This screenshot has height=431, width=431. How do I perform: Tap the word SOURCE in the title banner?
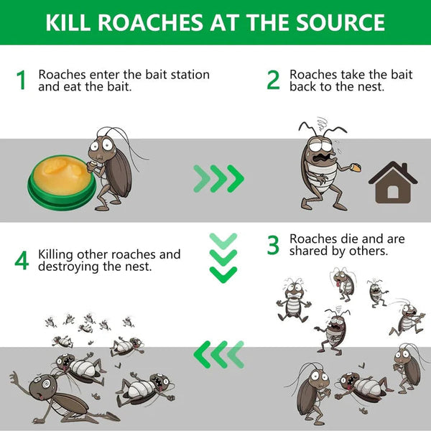click(x=339, y=22)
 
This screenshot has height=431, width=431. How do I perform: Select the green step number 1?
click(x=22, y=80)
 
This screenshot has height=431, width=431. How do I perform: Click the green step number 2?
click(x=273, y=80)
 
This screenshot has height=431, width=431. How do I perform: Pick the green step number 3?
click(x=273, y=245)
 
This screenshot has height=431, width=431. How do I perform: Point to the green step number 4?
click(x=22, y=261)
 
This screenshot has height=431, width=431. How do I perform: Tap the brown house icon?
click(x=392, y=183)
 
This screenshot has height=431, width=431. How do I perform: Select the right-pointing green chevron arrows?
click(x=219, y=177)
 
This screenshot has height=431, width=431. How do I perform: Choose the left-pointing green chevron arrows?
click(x=219, y=353)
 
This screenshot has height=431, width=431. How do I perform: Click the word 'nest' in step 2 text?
click(x=371, y=86)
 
